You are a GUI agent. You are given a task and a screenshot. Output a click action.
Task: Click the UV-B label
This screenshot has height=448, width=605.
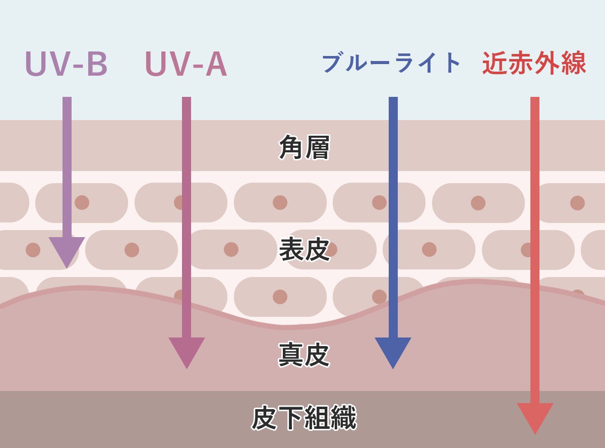(66, 64)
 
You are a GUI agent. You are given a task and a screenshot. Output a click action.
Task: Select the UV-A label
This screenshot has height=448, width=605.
(186, 64)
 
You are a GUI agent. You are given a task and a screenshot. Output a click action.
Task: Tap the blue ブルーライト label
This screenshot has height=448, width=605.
(391, 63)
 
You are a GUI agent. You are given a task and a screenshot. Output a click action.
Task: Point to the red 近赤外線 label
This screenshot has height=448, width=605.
(534, 63)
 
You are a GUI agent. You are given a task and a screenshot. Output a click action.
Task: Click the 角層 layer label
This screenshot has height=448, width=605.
(304, 147)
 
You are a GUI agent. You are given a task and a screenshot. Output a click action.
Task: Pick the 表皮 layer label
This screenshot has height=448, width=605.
(304, 249)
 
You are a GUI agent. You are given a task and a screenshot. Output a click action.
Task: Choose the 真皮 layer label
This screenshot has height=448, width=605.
(304, 354)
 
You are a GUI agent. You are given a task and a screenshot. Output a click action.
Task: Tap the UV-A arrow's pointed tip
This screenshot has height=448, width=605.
(187, 366)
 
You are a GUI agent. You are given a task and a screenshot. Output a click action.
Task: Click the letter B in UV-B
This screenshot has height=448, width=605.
(96, 64)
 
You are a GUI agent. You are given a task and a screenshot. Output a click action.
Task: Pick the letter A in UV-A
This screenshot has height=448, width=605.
(215, 64)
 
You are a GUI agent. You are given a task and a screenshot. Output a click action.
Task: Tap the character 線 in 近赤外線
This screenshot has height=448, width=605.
(573, 63)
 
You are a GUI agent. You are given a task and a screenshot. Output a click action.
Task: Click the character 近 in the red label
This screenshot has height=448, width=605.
(495, 63)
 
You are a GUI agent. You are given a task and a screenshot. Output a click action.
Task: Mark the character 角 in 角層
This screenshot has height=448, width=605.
(291, 147)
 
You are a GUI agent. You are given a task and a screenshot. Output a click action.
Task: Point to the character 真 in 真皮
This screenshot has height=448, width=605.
(291, 354)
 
